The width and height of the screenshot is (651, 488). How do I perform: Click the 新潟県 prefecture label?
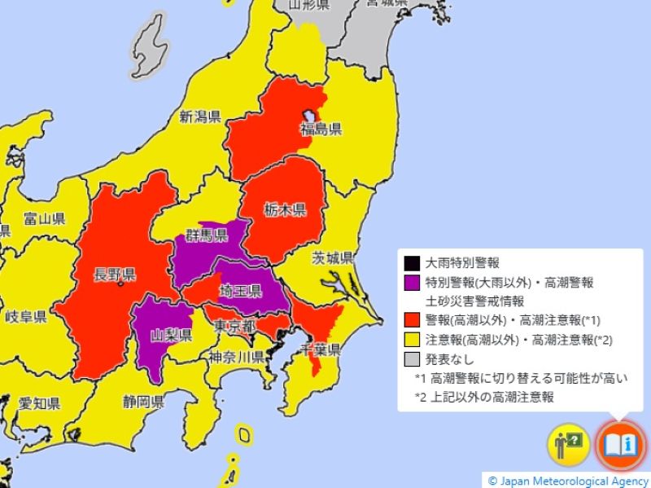click(200, 115)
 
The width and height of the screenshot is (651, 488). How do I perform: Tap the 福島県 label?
click(321, 129)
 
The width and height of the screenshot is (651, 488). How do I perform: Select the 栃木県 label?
click(284, 210)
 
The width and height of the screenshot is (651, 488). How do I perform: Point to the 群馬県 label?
click(206, 235)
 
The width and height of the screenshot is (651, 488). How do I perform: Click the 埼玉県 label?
click(240, 291)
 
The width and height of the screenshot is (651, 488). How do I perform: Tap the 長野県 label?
click(115, 272)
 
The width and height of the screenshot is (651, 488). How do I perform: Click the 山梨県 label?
click(172, 335)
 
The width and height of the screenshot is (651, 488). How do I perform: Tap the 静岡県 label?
click(144, 401)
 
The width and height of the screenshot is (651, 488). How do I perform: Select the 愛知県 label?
click(39, 403)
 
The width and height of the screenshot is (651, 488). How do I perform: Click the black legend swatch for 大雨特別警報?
click(412, 263)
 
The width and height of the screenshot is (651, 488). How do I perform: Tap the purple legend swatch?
click(412, 283)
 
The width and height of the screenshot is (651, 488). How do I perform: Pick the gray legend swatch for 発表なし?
click(412, 358)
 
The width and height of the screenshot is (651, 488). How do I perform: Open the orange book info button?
click(621, 445)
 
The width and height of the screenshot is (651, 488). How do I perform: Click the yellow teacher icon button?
click(568, 445)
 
